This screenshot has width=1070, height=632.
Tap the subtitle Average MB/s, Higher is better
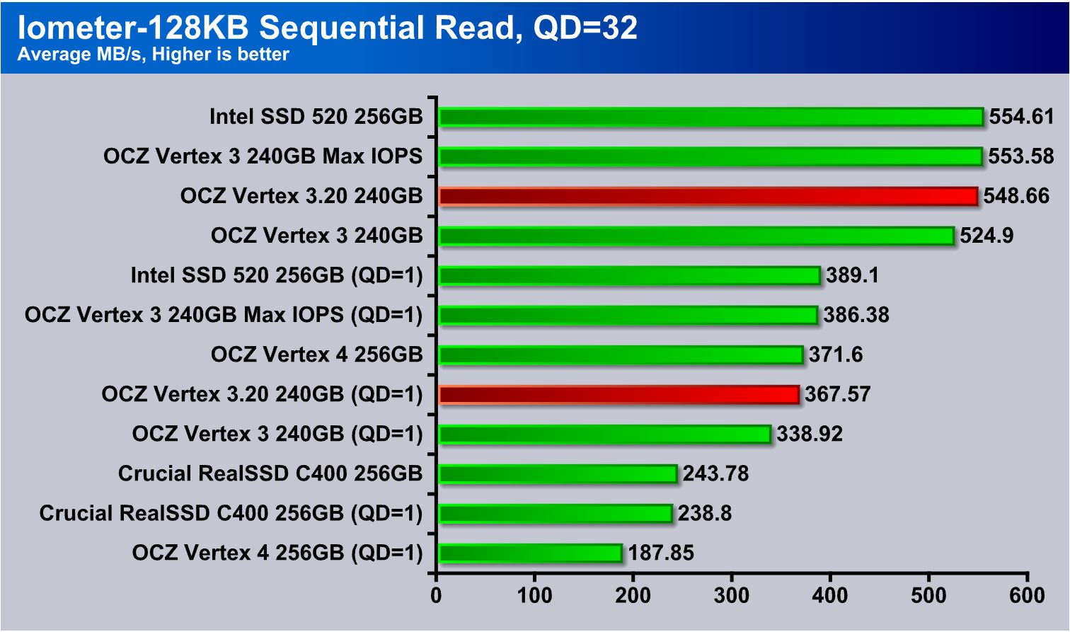point(153,54)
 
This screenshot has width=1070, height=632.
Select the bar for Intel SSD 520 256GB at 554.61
point(711,117)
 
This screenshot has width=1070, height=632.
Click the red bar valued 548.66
point(708,196)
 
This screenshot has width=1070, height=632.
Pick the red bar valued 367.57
point(619,394)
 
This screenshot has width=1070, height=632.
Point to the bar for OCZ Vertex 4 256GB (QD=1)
point(530,553)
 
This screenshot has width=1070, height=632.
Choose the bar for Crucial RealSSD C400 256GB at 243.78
point(558,473)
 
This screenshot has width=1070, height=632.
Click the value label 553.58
point(1020,156)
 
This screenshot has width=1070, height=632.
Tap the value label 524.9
point(986,236)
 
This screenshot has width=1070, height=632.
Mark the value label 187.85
point(661,553)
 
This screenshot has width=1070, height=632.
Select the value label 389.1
point(852,275)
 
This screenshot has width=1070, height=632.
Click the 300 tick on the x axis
point(732,595)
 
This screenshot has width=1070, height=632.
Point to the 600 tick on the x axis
point(1027,595)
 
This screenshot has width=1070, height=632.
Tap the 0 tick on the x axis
point(437,595)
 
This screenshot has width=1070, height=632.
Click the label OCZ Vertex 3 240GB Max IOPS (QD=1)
point(224,315)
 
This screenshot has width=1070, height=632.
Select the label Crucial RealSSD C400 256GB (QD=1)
point(231,513)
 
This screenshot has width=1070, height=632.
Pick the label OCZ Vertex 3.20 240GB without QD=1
point(301,196)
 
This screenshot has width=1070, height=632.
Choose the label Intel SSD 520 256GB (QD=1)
point(277,275)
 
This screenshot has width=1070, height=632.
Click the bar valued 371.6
point(621,355)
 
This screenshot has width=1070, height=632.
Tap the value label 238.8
point(704,513)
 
